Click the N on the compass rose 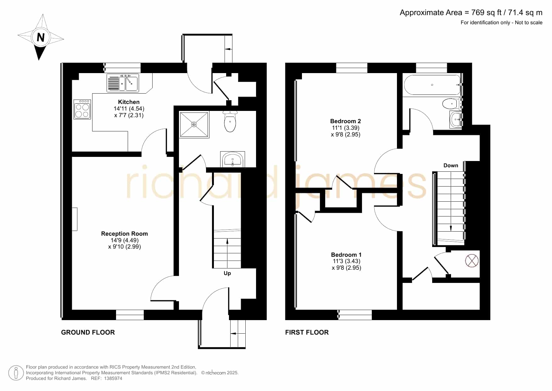click(41, 37)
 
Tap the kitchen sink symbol click(123, 83)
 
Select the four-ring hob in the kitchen click(82, 109)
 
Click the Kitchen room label click(129, 102)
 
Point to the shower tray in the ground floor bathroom click(194, 124)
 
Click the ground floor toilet click(230, 121)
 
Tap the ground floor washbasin click(232, 159)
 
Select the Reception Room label click(124, 233)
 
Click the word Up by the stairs click(227, 273)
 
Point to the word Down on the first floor click(451, 165)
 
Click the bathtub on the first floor click(432, 85)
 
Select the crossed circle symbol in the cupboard click(472, 261)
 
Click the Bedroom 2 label click(345, 121)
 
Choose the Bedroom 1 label click(346, 255)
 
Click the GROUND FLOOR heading click(88, 332)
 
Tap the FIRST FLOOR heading click(307, 332)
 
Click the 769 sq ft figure click(487, 12)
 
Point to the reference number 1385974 click(113, 378)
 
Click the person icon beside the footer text click(16, 373)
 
